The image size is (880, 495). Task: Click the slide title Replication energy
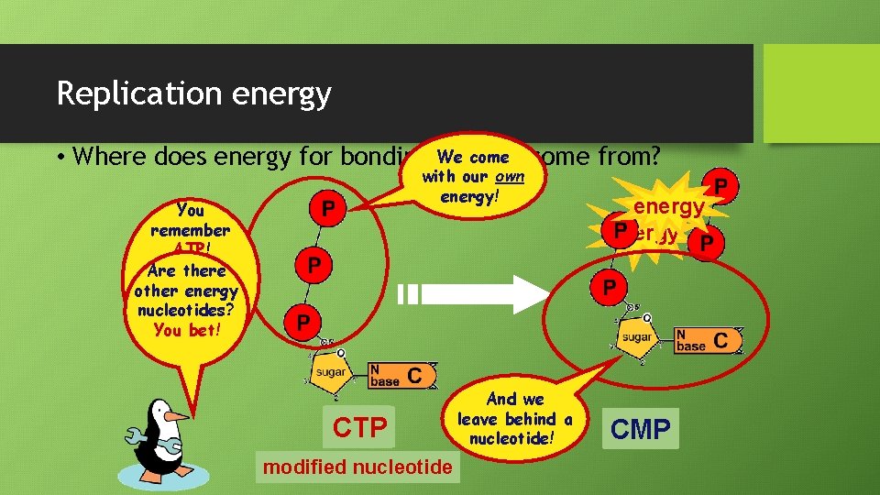tap(193, 93)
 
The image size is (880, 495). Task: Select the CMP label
tap(641, 428)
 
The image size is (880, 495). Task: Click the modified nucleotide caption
tap(357, 467)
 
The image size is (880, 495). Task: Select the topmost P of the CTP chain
tap(326, 210)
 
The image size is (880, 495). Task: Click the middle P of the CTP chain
tap(313, 266)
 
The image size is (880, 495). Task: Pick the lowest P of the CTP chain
tap(303, 322)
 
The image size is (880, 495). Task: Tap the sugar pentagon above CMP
tap(637, 336)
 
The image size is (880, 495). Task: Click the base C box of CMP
tap(706, 340)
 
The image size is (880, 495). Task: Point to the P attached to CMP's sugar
tap(610, 288)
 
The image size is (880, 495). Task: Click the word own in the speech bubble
tap(508, 177)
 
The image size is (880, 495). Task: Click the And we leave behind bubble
tap(514, 418)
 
